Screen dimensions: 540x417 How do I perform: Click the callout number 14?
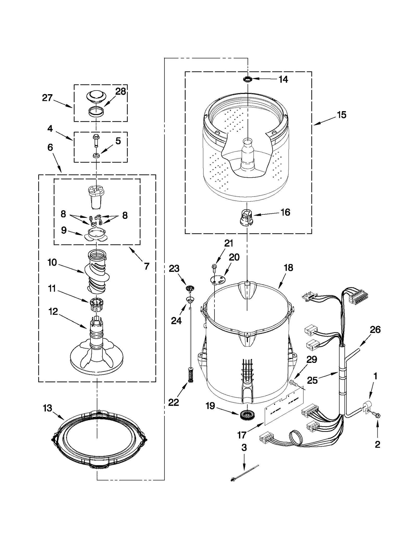click(283, 79)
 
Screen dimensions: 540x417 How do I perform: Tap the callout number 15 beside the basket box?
click(342, 115)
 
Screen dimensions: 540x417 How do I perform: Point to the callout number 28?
click(121, 92)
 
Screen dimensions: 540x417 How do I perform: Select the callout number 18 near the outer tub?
click(289, 268)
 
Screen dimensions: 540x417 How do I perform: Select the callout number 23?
click(174, 268)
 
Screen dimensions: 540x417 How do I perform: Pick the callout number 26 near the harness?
click(375, 330)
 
